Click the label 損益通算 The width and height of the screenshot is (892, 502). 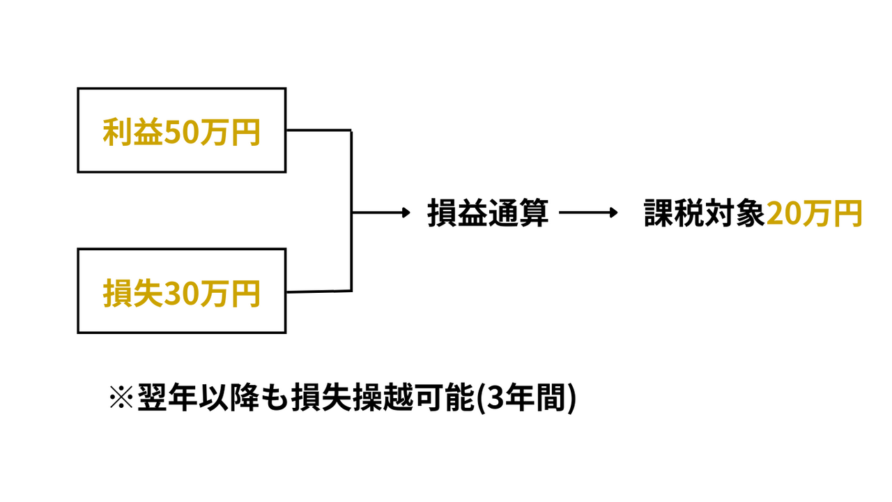488,213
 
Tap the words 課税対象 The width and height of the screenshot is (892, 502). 704,213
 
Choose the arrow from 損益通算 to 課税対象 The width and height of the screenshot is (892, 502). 589,213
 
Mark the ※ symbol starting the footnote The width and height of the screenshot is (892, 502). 122,399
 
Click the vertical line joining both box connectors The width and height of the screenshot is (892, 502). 351,209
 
